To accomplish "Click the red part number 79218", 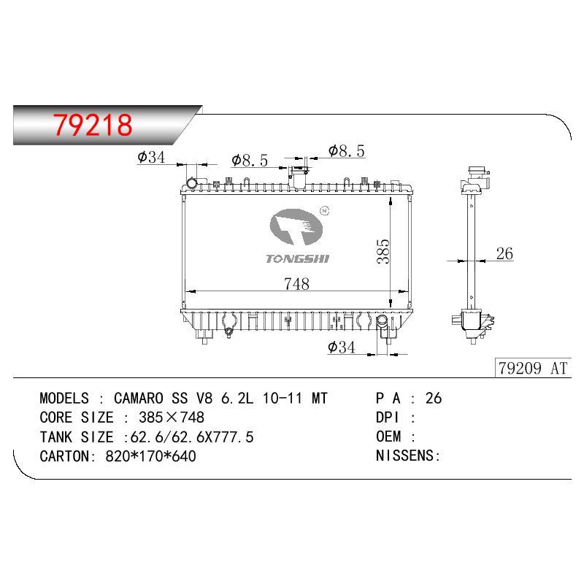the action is click(x=93, y=124).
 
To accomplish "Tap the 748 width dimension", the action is click(x=296, y=284).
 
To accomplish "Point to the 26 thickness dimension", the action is click(x=504, y=253).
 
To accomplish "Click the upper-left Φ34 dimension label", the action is click(x=151, y=157).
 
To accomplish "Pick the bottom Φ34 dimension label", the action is click(x=341, y=347).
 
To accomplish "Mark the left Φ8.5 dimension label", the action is click(x=250, y=161).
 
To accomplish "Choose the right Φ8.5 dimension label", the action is click(x=346, y=151).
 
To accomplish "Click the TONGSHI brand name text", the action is click(x=298, y=259).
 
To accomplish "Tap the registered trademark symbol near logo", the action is click(x=324, y=211).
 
